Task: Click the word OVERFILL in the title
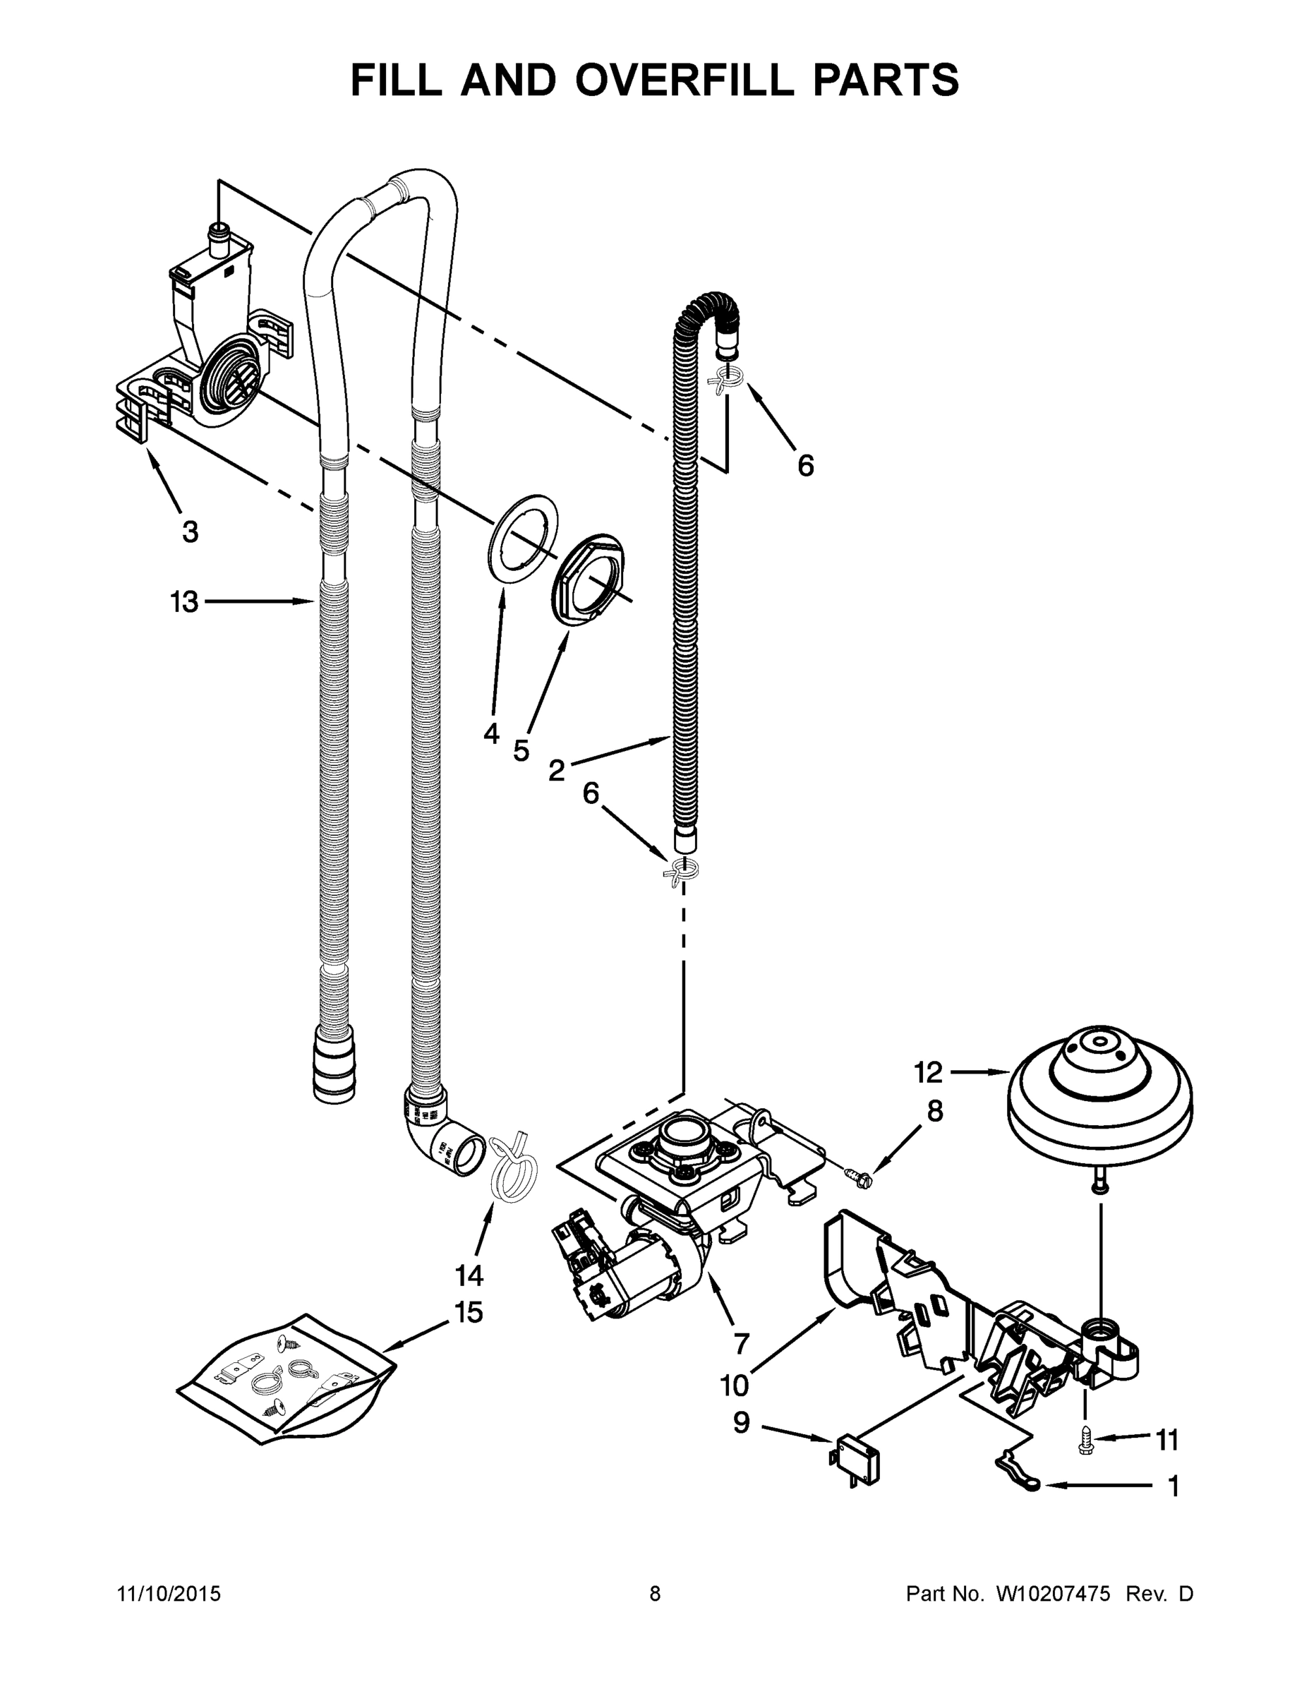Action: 685,80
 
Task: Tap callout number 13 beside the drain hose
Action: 185,601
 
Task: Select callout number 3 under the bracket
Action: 191,531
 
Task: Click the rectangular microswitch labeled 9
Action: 856,1460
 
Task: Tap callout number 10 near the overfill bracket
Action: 734,1385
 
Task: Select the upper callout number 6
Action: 806,465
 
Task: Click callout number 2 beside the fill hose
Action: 557,770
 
